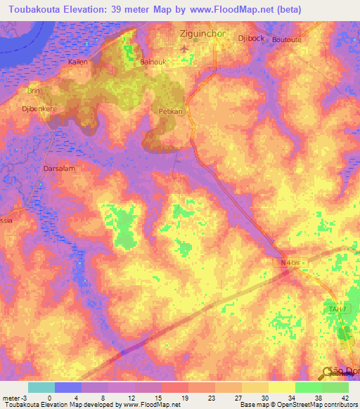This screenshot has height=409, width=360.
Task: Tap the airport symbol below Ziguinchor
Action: coord(185,48)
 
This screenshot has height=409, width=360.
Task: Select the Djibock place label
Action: coord(251,38)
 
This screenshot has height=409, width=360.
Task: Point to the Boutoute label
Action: coord(285,40)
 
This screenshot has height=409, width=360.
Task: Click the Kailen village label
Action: coord(77,62)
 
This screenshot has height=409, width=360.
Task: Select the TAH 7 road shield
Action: coord(337,309)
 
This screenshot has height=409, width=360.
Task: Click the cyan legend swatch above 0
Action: coord(41,387)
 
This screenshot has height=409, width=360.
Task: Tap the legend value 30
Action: coord(265,397)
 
